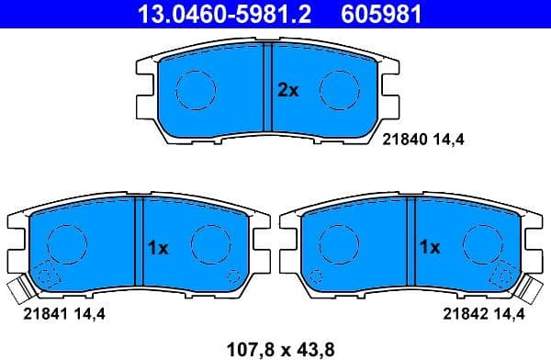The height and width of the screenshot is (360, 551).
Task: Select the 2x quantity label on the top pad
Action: [x=288, y=90]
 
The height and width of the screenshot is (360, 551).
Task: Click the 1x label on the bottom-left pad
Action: [x=157, y=247]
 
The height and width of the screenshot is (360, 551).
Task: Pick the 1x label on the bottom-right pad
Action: [x=430, y=247]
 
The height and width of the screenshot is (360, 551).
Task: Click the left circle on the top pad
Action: [x=196, y=89]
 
